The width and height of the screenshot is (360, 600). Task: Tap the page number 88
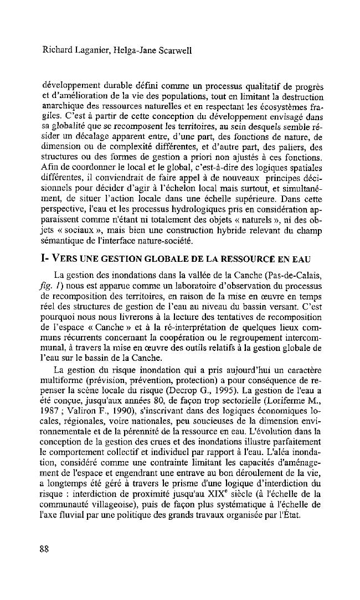pyautogui.click(x=44, y=549)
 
